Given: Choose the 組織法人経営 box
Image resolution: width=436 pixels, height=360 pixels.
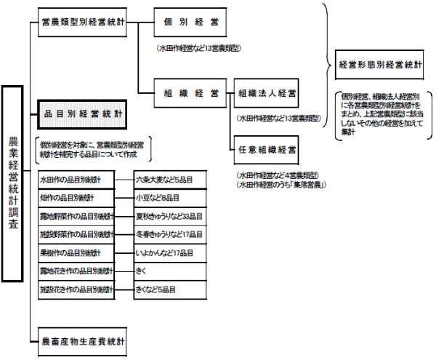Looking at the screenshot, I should click(x=267, y=94).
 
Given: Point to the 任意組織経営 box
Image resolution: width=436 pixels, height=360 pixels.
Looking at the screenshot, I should click(x=267, y=151).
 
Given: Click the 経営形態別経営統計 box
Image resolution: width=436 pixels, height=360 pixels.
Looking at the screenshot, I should click(x=380, y=64).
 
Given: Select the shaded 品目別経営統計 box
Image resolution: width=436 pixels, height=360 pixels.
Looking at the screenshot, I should click(x=82, y=114).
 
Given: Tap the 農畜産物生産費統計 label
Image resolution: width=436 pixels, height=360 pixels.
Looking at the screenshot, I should click(x=83, y=340).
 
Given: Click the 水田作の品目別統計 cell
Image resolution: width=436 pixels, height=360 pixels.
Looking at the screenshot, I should click(x=76, y=179).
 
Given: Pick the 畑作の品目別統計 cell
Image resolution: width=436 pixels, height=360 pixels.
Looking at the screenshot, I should click(x=76, y=197).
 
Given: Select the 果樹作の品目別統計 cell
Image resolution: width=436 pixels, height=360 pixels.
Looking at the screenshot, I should click(x=76, y=252).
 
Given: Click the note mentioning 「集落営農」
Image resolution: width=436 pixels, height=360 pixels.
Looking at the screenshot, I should click(x=280, y=185).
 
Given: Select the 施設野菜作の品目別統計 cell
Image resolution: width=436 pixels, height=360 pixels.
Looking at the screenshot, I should click(x=76, y=234).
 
